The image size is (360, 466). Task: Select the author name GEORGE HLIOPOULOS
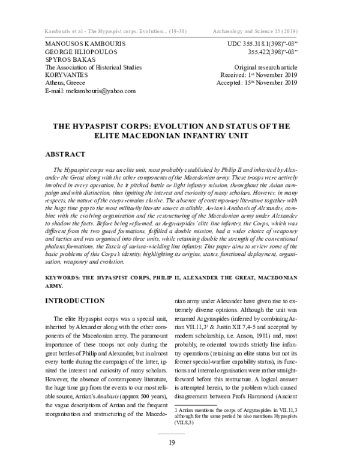click(79, 52)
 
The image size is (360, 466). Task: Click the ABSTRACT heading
click(66, 153)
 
